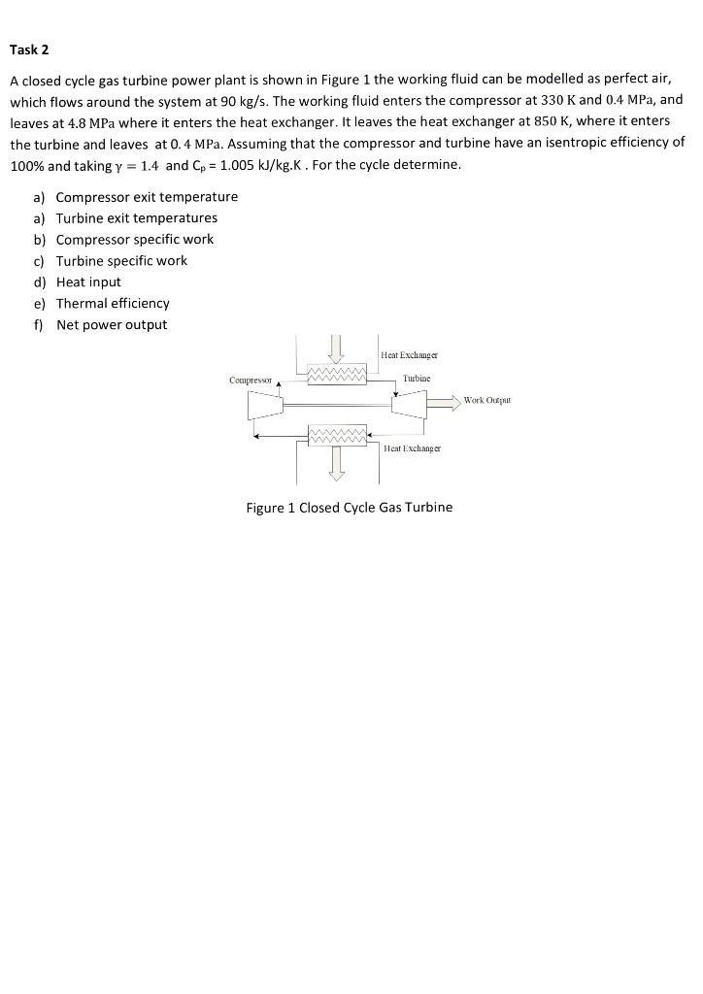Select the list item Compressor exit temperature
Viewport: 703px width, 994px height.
pos(147,197)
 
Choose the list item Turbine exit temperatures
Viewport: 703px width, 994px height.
pos(137,218)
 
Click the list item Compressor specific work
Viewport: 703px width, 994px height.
pos(135,240)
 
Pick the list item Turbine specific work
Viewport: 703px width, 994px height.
pos(121,261)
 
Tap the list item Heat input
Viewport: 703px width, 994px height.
pos(88,282)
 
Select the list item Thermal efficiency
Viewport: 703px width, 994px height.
pos(113,304)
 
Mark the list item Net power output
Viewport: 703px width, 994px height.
pos(112,325)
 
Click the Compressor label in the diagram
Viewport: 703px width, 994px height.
pos(251,381)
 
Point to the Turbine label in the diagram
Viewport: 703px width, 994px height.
pos(416,377)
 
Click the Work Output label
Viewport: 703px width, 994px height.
pos(486,400)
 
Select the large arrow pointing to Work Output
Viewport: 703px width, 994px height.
pos(442,400)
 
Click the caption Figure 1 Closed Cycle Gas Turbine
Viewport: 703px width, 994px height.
pos(350,508)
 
